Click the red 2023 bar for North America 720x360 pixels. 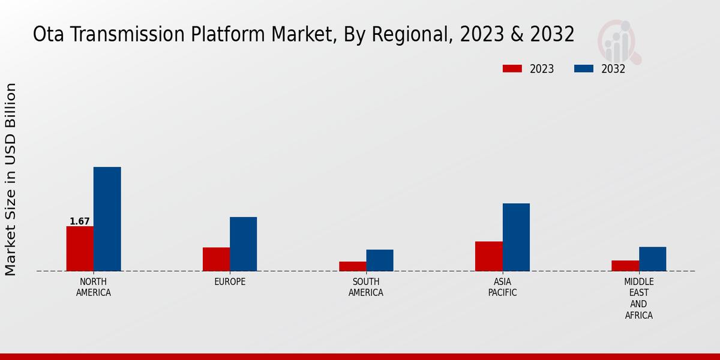point(80,248)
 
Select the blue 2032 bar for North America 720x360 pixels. point(107,219)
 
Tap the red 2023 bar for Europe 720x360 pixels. point(216,259)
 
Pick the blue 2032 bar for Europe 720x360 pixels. point(243,244)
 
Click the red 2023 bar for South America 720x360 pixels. point(352,266)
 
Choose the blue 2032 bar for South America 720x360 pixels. point(380,260)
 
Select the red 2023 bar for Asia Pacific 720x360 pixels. point(488,256)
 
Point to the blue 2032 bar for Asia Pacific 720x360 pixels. point(516,237)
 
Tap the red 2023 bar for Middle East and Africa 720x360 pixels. point(625,266)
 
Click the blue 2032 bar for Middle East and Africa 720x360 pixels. point(652,259)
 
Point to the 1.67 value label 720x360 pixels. point(80,221)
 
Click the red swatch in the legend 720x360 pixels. point(512,68)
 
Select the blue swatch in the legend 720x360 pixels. point(584,68)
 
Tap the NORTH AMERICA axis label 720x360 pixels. point(94,287)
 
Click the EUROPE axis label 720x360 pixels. point(230,282)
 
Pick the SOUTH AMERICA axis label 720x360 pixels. point(366,287)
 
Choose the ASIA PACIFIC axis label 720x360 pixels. point(502,287)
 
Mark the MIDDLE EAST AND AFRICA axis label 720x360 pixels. point(639,298)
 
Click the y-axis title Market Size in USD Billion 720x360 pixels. point(11,179)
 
